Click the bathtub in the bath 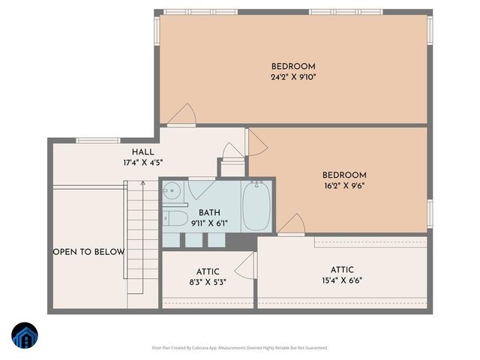point(257,208)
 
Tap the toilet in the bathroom point(176,218)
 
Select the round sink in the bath point(170,189)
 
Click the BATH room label point(209,212)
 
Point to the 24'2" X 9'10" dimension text point(293,77)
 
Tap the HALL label point(142,151)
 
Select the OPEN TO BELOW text point(88,252)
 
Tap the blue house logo point(24,336)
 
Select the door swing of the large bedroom point(182,115)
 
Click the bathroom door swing point(201,185)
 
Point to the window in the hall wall point(98,139)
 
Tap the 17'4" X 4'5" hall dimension point(142,163)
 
